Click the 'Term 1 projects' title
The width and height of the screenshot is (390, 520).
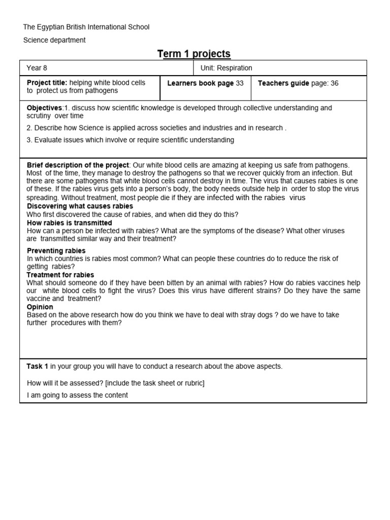point(194,54)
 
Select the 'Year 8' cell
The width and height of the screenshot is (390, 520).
point(37,68)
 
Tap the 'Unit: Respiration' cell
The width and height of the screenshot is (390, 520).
point(225,68)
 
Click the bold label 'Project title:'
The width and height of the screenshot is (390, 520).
point(47,83)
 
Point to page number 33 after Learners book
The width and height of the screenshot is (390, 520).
point(240,83)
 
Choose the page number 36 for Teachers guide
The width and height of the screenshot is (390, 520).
point(334,83)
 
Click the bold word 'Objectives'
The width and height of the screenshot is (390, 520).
point(44,108)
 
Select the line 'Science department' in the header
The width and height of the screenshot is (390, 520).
point(54,40)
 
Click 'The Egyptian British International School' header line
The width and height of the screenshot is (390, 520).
point(86,27)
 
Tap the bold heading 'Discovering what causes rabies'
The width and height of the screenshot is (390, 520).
point(80,206)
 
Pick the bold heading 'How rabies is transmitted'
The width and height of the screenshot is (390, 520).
point(70,223)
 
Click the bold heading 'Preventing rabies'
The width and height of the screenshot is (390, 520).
point(56,251)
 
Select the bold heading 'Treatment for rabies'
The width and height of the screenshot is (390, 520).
point(60,275)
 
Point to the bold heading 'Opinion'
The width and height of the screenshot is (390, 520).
point(40,307)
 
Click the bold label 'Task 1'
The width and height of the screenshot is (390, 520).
point(38,366)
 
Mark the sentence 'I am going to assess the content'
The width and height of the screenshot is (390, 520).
point(77,395)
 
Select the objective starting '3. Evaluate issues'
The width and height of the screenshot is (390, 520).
point(131,140)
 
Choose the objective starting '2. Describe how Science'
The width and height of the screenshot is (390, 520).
point(156,128)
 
